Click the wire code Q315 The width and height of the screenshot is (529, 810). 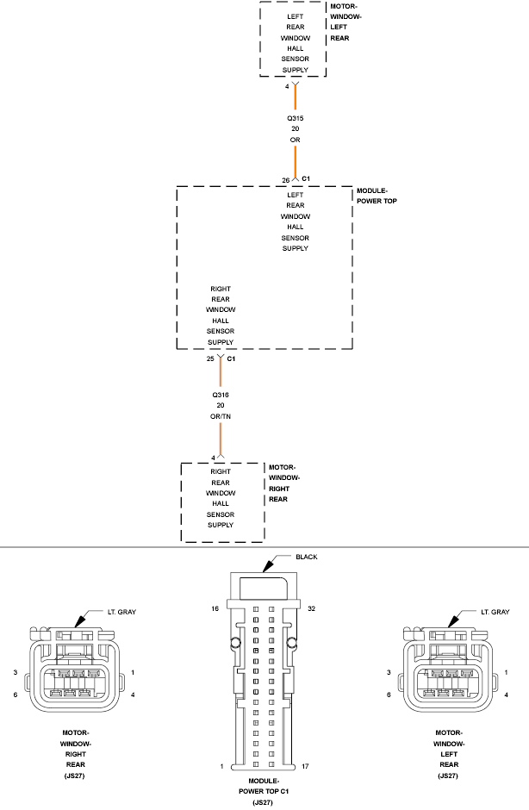tap(296, 118)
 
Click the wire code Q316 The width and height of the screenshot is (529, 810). tap(221, 394)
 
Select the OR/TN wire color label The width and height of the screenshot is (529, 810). tap(221, 416)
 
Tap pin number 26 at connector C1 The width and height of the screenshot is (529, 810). tap(286, 180)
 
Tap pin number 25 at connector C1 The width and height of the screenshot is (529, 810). tap(211, 358)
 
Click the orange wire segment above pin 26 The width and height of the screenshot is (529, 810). tap(296, 160)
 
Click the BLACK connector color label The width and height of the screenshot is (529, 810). tap(307, 558)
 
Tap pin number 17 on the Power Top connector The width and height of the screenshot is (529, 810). tap(307, 766)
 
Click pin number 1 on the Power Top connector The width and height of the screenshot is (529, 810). tap(222, 766)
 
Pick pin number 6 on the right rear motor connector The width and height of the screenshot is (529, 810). tap(15, 695)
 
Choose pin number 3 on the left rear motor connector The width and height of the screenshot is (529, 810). tap(389, 672)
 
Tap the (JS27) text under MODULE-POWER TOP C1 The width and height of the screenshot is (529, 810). tap(264, 802)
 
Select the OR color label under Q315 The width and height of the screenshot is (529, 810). tap(296, 140)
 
